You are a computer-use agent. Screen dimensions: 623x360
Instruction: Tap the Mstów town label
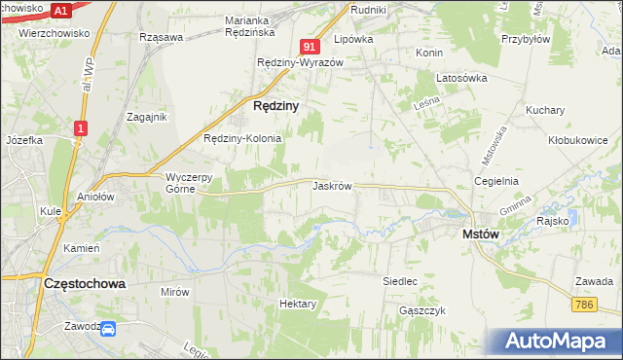coord(481,234)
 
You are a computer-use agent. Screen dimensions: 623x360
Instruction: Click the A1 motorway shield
coord(61,11)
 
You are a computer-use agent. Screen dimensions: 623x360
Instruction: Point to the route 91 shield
coord(310,46)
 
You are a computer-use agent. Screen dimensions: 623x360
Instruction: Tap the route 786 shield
coord(584,306)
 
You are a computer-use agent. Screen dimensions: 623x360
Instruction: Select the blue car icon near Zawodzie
coord(108,330)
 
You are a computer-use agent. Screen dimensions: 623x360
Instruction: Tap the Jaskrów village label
coord(332,185)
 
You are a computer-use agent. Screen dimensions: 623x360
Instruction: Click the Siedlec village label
coord(400,280)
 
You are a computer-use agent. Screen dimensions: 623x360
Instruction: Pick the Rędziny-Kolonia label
coord(241,138)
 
